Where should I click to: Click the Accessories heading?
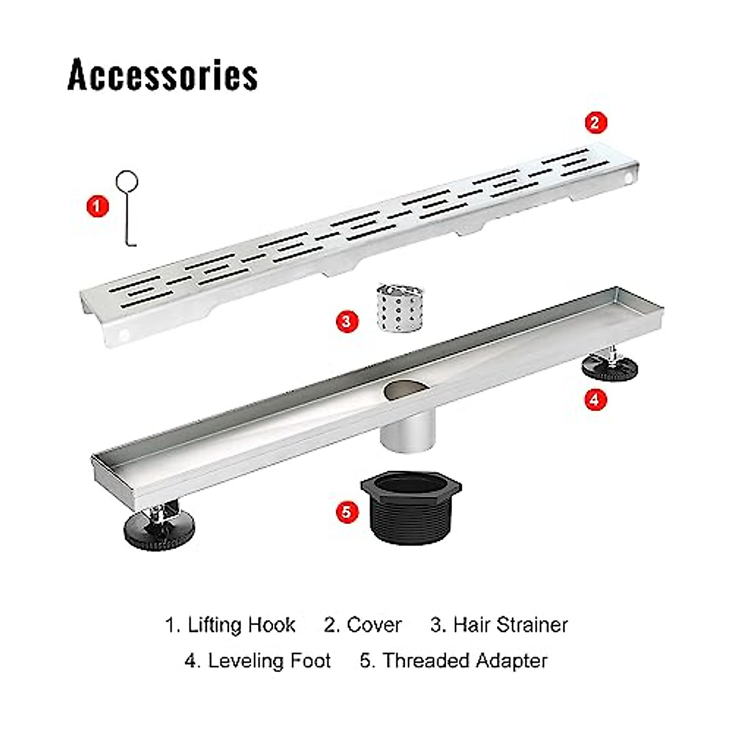pos(162,75)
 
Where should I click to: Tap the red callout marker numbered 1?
pos(97,206)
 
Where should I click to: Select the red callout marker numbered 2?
pos(596,122)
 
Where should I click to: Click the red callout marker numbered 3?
pos(346,320)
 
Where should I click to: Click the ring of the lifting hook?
pos(127,181)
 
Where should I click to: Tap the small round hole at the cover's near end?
pos(125,335)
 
